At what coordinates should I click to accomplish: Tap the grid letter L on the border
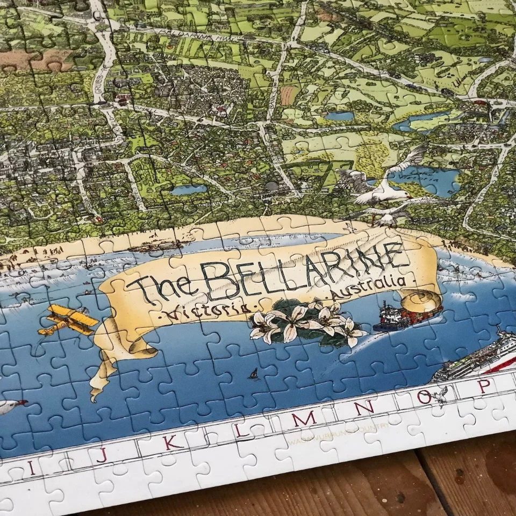[239, 431]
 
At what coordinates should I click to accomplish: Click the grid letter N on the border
[364, 407]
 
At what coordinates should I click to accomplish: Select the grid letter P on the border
[484, 385]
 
